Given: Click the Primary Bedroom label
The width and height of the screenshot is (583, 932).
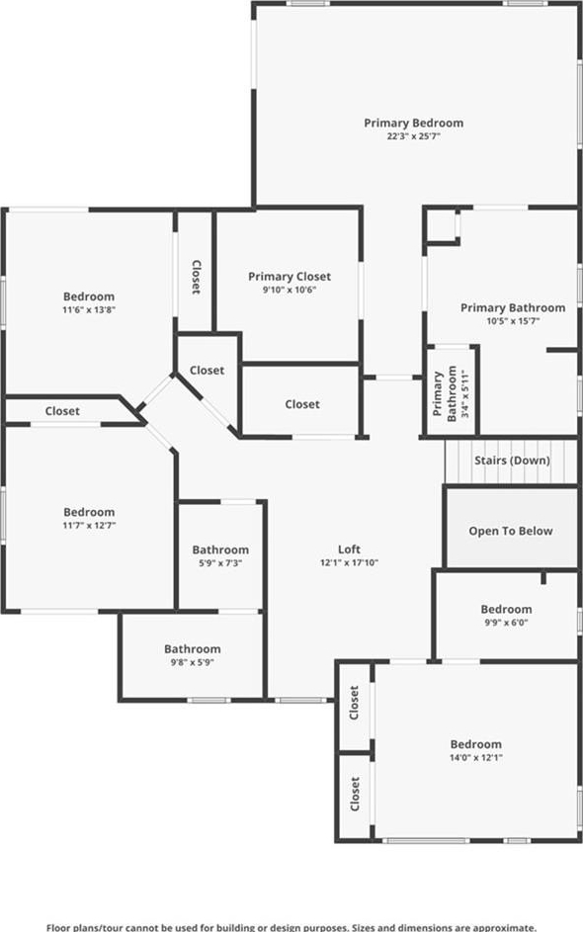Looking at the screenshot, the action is [x=414, y=123].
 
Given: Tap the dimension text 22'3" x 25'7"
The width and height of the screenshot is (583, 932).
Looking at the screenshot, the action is [x=414, y=136].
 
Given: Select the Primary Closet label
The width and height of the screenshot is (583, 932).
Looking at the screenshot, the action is [x=290, y=277].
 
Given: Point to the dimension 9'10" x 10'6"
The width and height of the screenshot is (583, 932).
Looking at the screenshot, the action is [x=290, y=290].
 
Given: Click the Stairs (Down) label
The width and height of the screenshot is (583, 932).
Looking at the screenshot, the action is [x=512, y=460].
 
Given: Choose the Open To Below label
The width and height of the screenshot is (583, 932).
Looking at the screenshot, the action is [x=511, y=531].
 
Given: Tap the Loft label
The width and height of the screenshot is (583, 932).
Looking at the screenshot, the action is [x=350, y=550].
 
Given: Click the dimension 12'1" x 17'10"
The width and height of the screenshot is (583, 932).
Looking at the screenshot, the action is [x=350, y=562].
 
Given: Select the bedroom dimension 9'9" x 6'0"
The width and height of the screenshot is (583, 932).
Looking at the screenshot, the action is [x=506, y=623].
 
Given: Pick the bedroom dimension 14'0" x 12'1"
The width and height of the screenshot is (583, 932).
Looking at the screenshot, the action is [x=476, y=757].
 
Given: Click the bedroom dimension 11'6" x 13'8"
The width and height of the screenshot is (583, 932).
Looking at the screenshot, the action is [x=89, y=309].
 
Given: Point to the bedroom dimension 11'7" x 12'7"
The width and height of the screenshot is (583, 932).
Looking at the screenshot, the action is [x=89, y=526].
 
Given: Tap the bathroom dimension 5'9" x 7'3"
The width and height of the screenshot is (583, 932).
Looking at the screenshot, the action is [x=220, y=563].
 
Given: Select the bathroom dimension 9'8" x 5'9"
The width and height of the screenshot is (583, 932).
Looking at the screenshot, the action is [x=192, y=662].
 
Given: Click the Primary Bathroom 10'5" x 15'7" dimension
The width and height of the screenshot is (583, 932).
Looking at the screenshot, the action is [x=513, y=321].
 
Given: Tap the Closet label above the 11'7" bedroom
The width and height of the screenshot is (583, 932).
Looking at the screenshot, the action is [x=62, y=411].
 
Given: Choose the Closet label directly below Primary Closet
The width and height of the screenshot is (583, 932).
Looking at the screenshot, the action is [x=302, y=404].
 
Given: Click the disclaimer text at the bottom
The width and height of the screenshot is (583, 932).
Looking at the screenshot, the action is [x=291, y=927].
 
